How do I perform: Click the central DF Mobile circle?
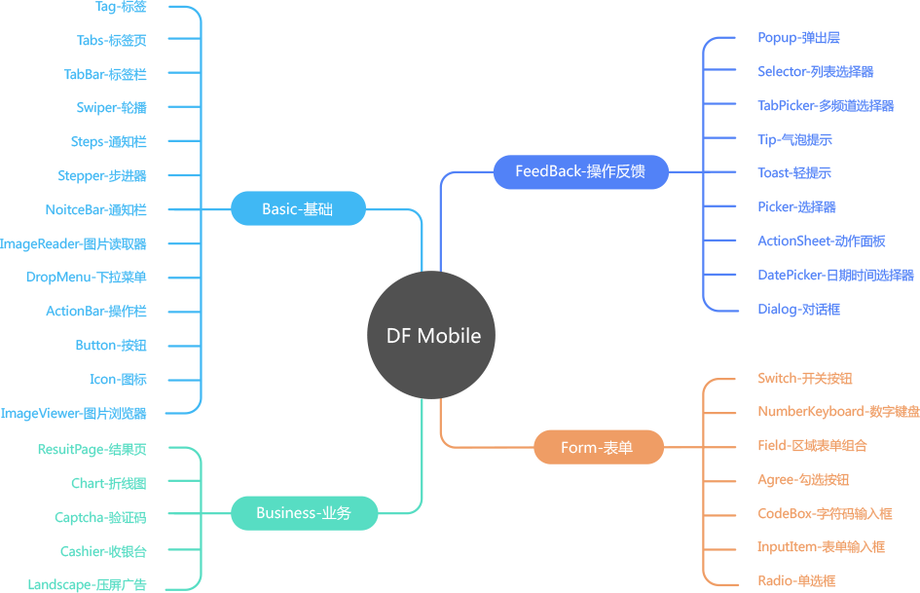pos(432,336)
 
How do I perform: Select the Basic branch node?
pos(298,208)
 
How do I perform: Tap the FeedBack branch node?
pos(579,172)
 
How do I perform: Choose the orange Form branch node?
pos(598,448)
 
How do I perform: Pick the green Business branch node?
pos(304,513)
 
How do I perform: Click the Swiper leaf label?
pos(111,108)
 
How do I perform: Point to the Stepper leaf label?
pos(102,176)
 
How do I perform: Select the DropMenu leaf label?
pos(86,278)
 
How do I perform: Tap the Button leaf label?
pos(111,346)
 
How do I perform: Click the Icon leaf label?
pos(118,380)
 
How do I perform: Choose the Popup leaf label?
pos(798,38)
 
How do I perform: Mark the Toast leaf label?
pos(793,173)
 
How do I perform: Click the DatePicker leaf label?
pos(835,276)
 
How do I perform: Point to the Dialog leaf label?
pos(798,310)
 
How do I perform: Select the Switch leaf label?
pos(805,379)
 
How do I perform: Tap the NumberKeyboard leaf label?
pos(837,412)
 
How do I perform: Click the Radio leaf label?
pos(796,580)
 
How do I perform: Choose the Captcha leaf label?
pos(100,517)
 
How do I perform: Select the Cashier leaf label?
pos(103,551)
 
